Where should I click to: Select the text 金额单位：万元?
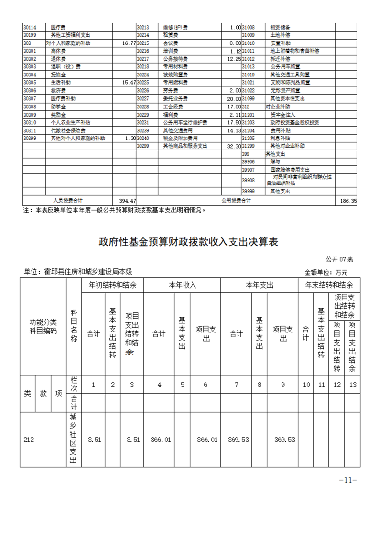click(x=326, y=272)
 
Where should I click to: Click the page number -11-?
click(x=347, y=480)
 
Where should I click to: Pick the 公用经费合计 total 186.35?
click(x=347, y=201)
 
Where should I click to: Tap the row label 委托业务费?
click(x=175, y=98)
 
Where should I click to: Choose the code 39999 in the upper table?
click(x=249, y=191)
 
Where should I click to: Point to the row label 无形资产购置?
click(x=285, y=90)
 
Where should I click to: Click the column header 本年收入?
click(x=182, y=285)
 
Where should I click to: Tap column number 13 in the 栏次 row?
click(x=352, y=385)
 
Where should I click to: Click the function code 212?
click(x=29, y=440)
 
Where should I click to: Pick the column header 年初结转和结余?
click(x=112, y=285)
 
